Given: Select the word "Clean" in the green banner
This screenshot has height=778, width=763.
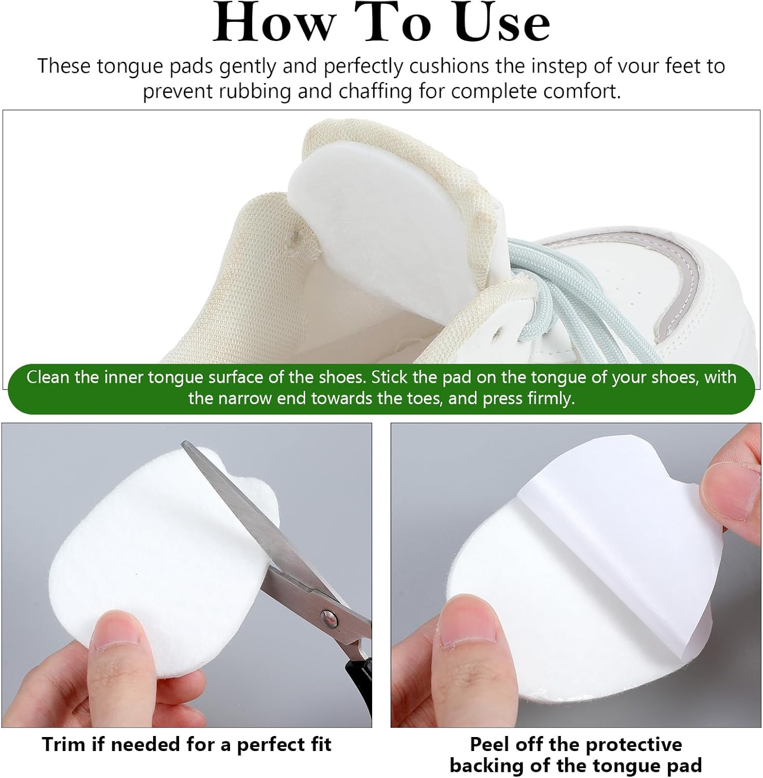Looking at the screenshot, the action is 48,377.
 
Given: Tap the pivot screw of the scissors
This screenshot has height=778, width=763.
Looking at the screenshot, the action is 326,617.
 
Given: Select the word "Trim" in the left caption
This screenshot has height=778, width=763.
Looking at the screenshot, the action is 63,744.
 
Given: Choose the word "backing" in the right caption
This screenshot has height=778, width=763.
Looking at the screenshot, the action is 485,766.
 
